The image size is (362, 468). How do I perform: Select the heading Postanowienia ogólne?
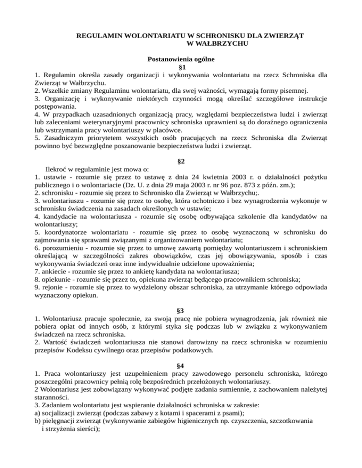[181, 59]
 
